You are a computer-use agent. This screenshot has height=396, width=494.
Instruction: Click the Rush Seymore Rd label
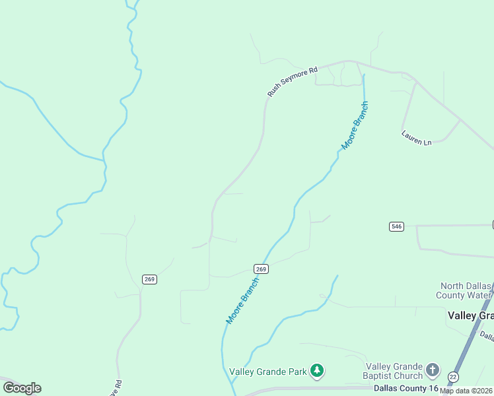pyautogui.click(x=293, y=81)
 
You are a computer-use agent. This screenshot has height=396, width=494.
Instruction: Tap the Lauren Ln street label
pyautogui.click(x=416, y=137)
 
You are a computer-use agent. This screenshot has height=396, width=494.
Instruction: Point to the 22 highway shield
pyautogui.click(x=452, y=377)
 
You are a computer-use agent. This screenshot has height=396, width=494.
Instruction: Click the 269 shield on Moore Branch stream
pyautogui.click(x=261, y=269)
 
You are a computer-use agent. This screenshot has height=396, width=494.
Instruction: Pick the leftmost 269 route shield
pyautogui.click(x=149, y=279)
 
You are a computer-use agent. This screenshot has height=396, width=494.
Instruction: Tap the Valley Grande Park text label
pyautogui.click(x=268, y=372)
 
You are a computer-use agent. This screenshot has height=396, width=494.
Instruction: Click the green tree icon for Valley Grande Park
pyautogui.click(x=318, y=370)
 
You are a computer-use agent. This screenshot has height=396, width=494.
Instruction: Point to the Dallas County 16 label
pyautogui.click(x=406, y=388)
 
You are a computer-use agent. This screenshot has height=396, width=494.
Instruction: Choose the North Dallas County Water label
pyautogui.click(x=465, y=291)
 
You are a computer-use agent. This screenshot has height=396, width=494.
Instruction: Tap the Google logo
pyautogui.click(x=22, y=388)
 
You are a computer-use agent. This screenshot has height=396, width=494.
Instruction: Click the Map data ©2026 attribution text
pyautogui.click(x=466, y=391)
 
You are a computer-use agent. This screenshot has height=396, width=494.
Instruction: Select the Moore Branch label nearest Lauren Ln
pyautogui.click(x=355, y=125)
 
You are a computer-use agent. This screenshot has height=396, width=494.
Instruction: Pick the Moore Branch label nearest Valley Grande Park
pyautogui.click(x=242, y=300)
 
